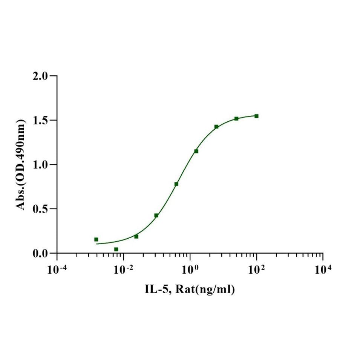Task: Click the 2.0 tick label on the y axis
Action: pos(41,76)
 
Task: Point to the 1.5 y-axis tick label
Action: pos(41,120)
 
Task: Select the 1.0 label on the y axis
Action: pos(41,165)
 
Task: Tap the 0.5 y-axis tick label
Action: pos(41,209)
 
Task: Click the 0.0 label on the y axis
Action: pos(41,253)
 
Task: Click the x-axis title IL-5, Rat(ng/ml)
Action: pos(190,290)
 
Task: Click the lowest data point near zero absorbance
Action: pos(116,249)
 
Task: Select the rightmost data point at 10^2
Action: pos(256,116)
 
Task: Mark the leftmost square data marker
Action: pos(96,239)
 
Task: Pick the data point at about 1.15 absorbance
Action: pos(196,151)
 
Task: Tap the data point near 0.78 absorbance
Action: pos(176,184)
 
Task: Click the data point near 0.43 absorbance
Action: pos(156,215)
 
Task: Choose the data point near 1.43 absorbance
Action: pos(216,127)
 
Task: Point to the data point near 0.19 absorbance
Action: pos(136,236)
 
